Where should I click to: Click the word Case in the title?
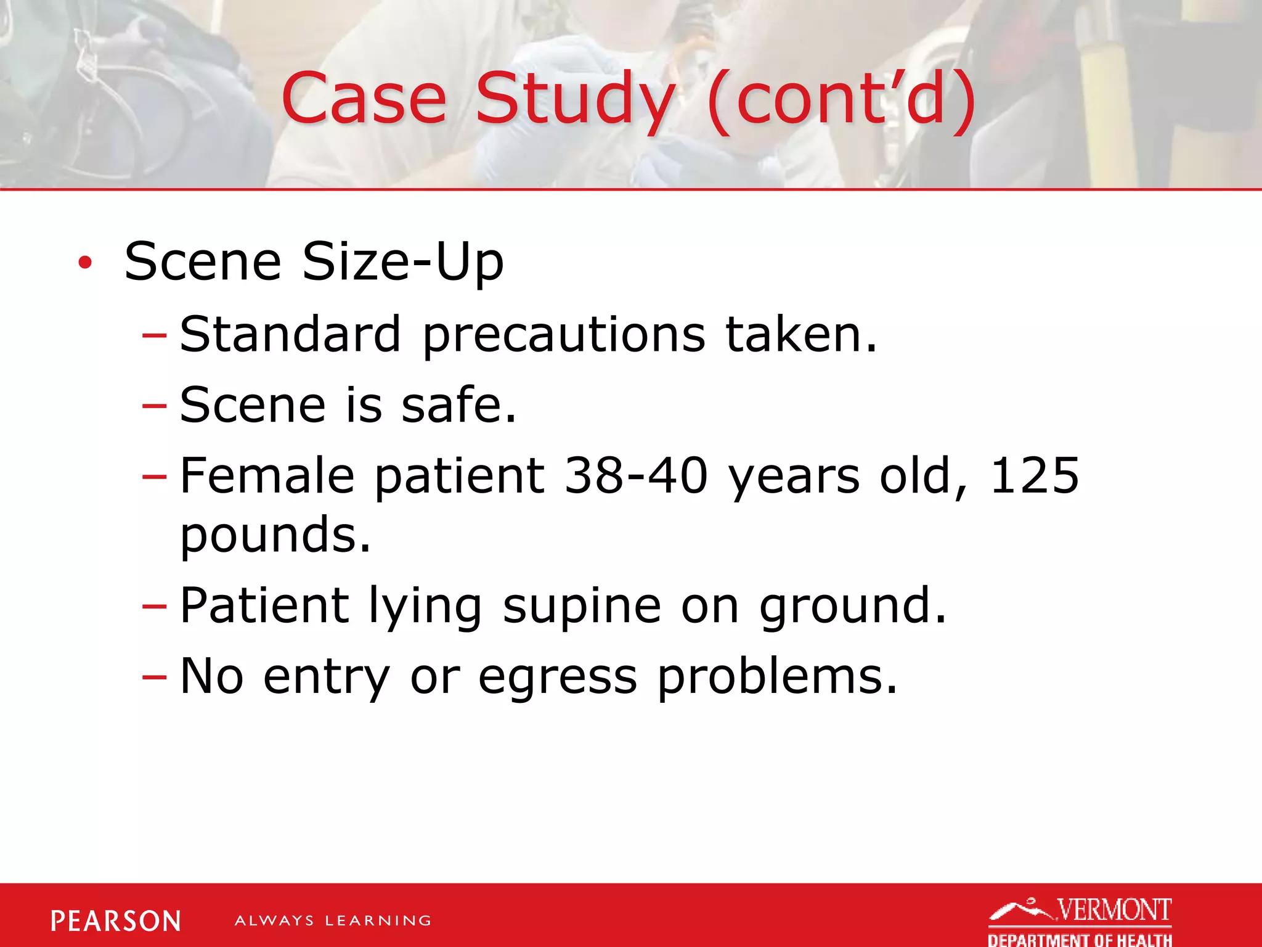coord(364,99)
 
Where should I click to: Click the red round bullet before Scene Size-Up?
coord(85,263)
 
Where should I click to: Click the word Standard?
coord(290,334)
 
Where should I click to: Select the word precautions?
coord(564,336)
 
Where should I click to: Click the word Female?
coord(267,476)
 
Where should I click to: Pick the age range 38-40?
coord(636,476)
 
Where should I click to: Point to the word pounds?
coord(275,535)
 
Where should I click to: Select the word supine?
coord(582,607)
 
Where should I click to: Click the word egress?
coord(558,677)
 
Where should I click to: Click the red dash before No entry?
coord(154,677)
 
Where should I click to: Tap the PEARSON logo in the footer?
coord(116,921)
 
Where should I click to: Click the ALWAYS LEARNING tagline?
coord(333,921)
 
